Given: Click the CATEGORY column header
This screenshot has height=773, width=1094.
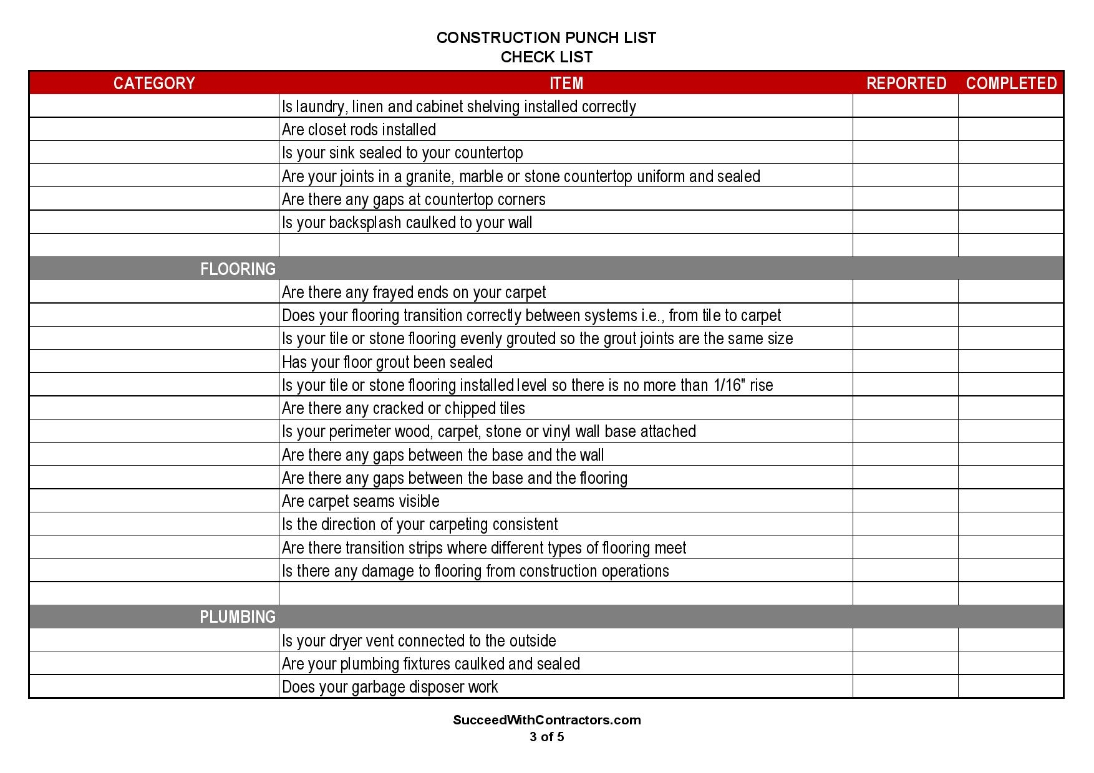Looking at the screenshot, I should coord(154,83).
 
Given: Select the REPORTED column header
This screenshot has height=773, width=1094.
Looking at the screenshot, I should coord(906,83).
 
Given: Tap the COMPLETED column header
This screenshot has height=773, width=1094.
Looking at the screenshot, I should coord(1011,83).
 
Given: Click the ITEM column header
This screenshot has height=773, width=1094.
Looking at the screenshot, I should coord(566,83).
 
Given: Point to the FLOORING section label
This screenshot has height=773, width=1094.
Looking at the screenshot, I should coord(238,269).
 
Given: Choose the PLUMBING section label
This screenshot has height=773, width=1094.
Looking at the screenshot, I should coord(238,617).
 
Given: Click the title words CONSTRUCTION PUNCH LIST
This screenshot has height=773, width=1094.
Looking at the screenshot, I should coord(546,38).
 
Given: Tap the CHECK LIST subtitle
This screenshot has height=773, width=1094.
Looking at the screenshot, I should coord(546,57).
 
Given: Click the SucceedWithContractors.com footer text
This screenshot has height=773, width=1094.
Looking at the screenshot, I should coord(546,720).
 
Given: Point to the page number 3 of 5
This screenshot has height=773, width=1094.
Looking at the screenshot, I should coord(546,737).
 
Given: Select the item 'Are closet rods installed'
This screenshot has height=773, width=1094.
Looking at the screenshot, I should coord(359,130).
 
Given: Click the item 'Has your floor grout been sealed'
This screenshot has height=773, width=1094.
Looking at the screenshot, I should coord(387,362).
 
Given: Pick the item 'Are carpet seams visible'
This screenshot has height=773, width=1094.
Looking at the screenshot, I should coord(361,501).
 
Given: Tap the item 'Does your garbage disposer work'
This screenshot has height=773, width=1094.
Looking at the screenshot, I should coord(390,687).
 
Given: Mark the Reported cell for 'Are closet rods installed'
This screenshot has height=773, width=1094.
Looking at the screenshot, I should coord(905,130).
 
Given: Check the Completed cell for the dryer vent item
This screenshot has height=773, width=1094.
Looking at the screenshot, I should coord(1010,640).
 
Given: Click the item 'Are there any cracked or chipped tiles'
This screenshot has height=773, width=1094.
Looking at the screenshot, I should coord(404,408).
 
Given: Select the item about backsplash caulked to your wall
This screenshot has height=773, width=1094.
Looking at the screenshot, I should coord(407,223).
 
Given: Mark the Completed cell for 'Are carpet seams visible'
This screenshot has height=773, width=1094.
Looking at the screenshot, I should coord(1010,501).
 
